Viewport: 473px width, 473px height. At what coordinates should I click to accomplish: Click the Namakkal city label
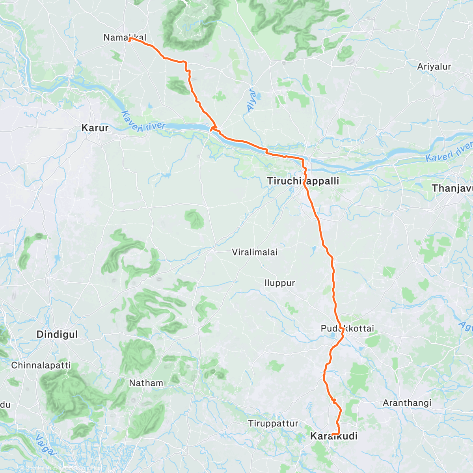click(x=125, y=37)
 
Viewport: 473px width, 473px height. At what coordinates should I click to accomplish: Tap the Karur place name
click(x=95, y=128)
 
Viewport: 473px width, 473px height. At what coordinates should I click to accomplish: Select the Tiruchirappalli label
click(x=303, y=181)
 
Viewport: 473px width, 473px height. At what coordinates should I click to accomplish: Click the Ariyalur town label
click(x=434, y=67)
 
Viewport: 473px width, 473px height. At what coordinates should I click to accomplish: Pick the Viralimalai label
click(x=255, y=252)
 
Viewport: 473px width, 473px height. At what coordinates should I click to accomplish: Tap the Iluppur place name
click(x=279, y=283)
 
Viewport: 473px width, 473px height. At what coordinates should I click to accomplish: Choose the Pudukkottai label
click(x=347, y=328)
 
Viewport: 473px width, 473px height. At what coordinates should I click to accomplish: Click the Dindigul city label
click(x=57, y=334)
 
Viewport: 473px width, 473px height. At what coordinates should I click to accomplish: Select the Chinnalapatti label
click(x=41, y=365)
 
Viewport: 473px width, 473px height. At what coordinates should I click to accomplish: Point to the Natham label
click(x=146, y=383)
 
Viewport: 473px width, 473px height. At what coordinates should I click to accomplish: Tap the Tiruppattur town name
click(x=273, y=423)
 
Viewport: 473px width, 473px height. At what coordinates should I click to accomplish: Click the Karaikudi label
click(x=334, y=436)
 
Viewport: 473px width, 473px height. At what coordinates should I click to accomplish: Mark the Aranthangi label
click(x=407, y=403)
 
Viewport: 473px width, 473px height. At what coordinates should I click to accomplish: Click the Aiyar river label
click(x=251, y=101)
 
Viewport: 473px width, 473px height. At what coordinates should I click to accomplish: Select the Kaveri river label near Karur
click(x=143, y=122)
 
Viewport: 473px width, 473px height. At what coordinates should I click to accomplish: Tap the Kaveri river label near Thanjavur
click(x=449, y=153)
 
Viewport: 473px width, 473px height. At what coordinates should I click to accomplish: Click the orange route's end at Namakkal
click(x=129, y=39)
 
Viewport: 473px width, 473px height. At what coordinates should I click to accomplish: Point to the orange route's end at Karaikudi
click(x=333, y=434)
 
